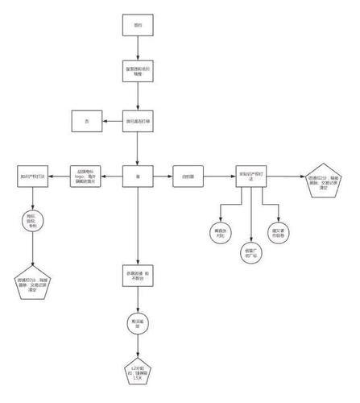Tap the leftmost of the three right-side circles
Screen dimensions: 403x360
(217, 232)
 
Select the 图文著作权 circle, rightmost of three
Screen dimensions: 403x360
(279, 232)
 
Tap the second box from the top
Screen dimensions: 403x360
(138, 70)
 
